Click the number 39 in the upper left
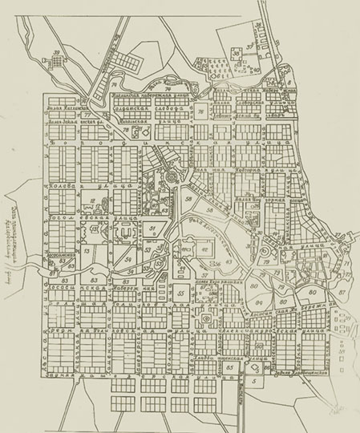(x=56, y=53)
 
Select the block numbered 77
(x=86, y=115)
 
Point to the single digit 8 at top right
(x=289, y=82)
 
